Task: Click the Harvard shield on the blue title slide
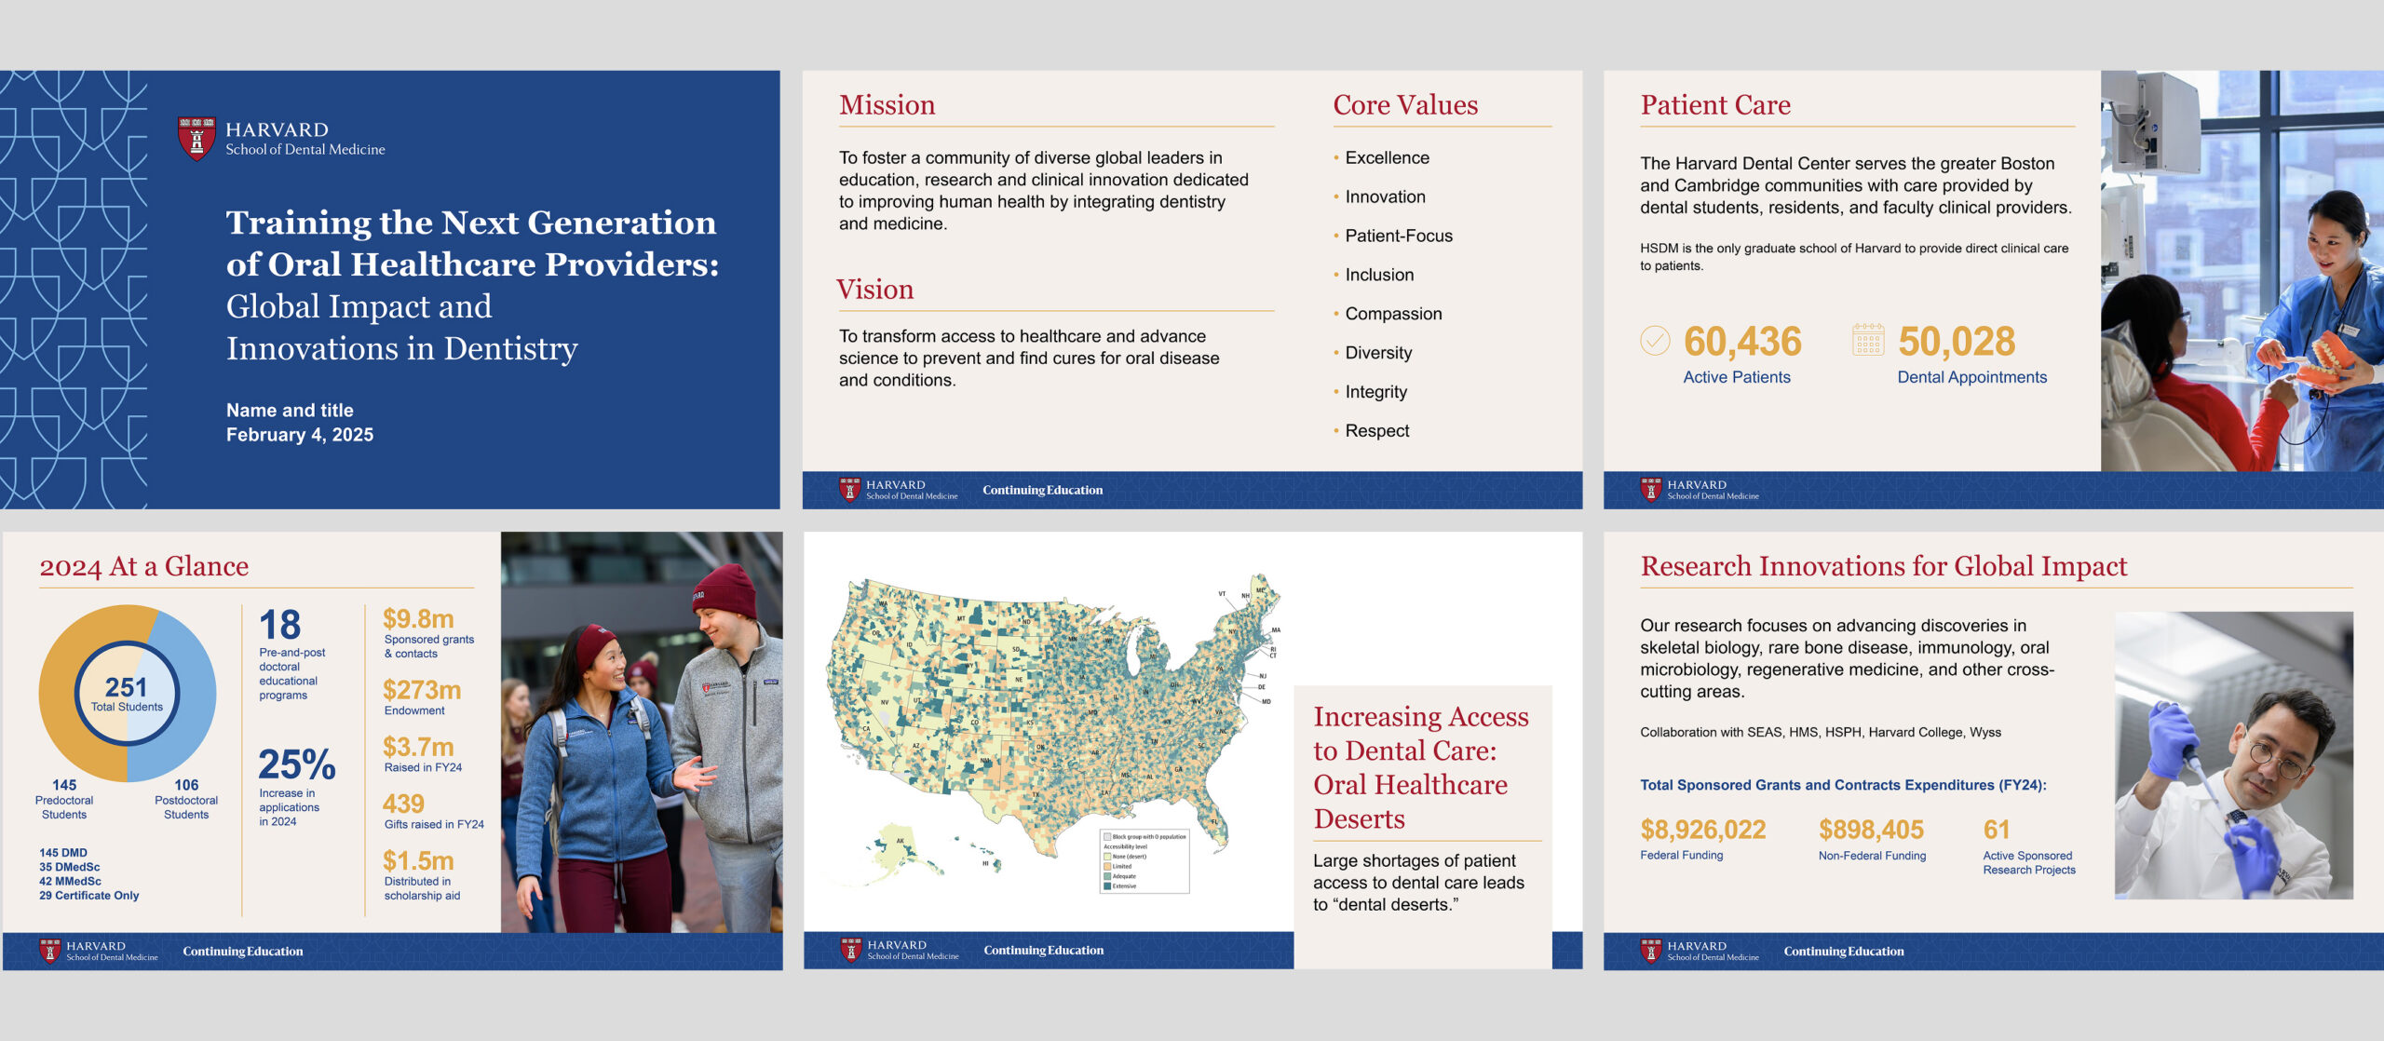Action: click(196, 138)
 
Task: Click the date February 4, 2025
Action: click(300, 435)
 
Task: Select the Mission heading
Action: click(887, 105)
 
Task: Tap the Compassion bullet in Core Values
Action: click(1393, 314)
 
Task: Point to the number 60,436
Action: click(1742, 342)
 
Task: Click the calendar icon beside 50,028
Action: click(1867, 340)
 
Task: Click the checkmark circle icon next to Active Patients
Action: click(1655, 341)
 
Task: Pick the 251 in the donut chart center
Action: click(127, 687)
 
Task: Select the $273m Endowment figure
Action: click(422, 690)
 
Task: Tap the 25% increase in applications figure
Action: click(296, 764)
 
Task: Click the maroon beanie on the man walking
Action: click(725, 590)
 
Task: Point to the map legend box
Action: click(1145, 860)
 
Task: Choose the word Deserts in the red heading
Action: click(1359, 818)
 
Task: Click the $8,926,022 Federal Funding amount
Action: click(1702, 830)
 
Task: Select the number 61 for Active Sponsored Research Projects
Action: click(1996, 830)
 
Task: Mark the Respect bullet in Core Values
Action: click(1376, 431)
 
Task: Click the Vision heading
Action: click(874, 290)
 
